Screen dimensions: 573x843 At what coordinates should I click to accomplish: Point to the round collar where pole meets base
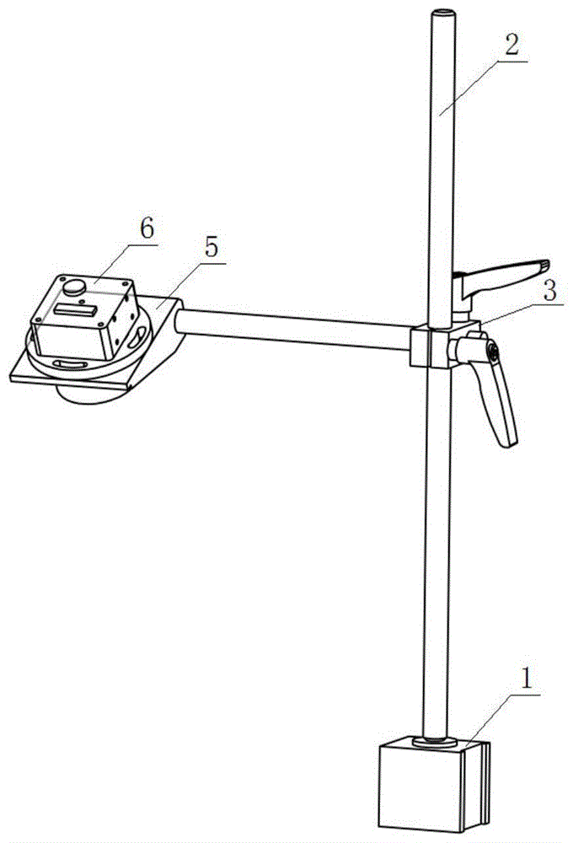pos(436,742)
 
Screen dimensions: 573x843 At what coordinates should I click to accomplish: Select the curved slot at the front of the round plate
pos(71,363)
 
